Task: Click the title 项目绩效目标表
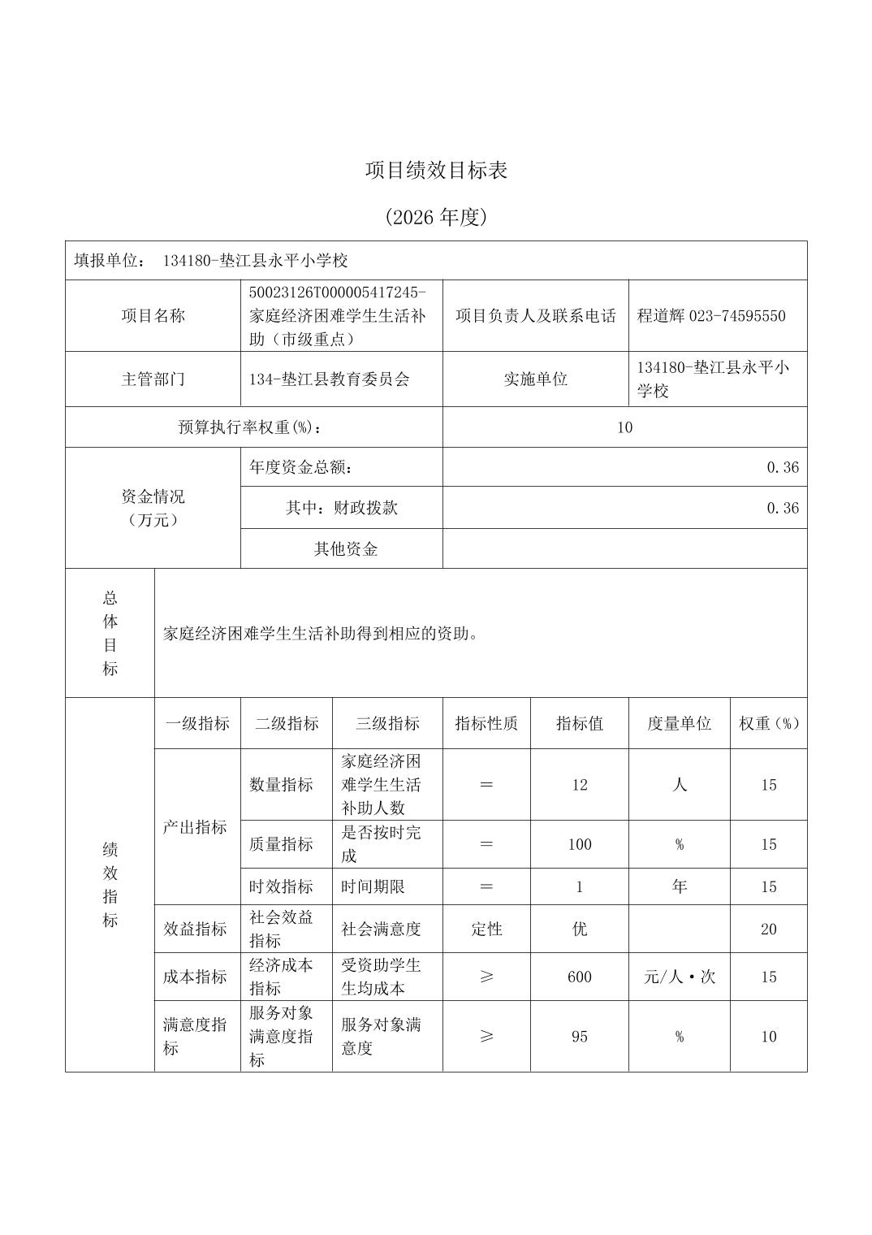[436, 171]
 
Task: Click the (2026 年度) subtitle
[436, 217]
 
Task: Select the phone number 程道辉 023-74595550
[710, 316]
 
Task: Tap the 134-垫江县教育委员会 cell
[330, 379]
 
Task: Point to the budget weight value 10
[624, 427]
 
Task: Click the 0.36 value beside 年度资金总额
[783, 467]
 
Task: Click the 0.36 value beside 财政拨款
[783, 508]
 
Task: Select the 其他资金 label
[346, 549]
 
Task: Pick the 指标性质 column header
[486, 723]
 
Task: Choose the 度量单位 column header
[679, 723]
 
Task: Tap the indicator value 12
[580, 785]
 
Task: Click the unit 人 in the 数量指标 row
[680, 785]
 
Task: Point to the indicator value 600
[580, 977]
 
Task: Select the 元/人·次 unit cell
[680, 977]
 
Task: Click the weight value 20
[769, 929]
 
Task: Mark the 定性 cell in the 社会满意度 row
[486, 929]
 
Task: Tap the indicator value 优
[580, 929]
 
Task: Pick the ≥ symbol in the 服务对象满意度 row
[486, 1037]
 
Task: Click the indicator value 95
[580, 1037]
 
